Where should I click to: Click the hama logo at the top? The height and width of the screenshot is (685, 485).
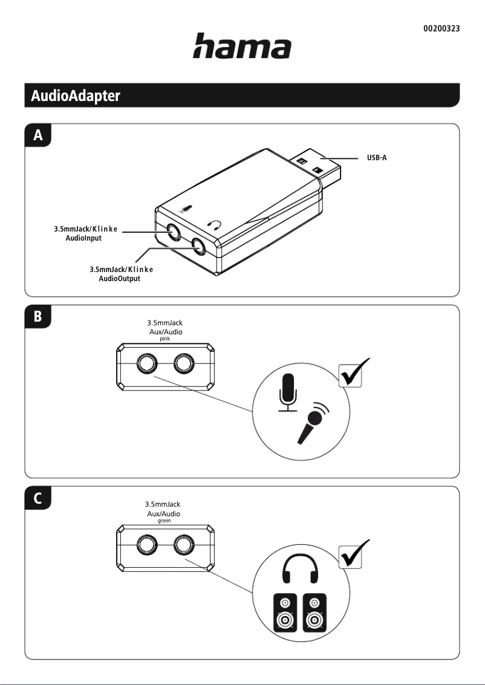tap(242, 47)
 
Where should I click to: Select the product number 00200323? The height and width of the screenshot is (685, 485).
tap(441, 28)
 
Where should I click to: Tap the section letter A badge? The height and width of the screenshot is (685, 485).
tap(38, 136)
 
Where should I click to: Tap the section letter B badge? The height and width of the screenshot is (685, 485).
tap(38, 317)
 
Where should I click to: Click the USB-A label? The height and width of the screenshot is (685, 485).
tap(377, 158)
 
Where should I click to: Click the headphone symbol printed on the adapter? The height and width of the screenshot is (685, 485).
tap(215, 226)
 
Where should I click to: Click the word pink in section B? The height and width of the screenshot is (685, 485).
tap(165, 340)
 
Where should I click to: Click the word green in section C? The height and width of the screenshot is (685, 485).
tap(164, 520)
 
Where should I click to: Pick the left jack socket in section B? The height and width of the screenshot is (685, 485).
tap(146, 364)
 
